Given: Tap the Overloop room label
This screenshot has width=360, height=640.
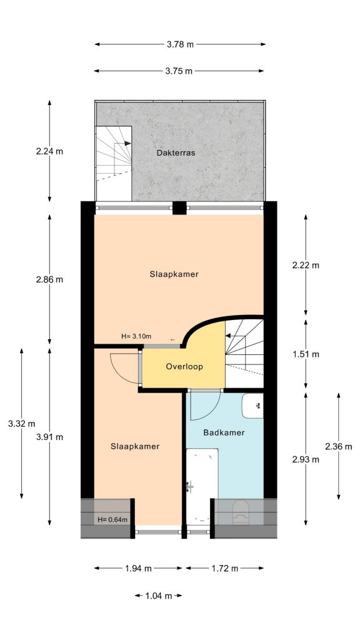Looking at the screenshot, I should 184,367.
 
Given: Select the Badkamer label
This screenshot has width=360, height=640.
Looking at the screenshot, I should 224,432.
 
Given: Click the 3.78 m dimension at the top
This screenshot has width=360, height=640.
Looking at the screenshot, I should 180,44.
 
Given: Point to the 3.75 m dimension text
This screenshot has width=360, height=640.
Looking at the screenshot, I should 179,71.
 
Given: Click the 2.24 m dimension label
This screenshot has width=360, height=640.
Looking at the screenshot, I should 50,151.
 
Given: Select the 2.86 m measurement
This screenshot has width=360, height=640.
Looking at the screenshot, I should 50,279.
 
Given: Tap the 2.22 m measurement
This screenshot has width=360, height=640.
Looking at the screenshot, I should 306,265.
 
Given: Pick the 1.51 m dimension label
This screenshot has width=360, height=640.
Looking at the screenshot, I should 306,354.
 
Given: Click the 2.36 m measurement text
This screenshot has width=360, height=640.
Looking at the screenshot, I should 338,446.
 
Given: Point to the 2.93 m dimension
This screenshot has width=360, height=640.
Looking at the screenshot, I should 306,459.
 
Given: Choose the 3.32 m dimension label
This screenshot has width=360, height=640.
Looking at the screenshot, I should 22,424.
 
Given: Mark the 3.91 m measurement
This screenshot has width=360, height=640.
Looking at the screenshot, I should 50,437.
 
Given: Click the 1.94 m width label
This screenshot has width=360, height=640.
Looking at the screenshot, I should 139,569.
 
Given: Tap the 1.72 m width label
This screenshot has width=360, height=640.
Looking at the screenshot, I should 225,569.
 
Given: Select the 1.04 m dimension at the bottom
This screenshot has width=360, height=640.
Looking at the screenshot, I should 158,596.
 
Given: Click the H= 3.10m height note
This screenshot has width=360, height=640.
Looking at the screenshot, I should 136,337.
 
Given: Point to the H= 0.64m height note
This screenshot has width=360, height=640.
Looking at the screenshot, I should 112,519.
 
